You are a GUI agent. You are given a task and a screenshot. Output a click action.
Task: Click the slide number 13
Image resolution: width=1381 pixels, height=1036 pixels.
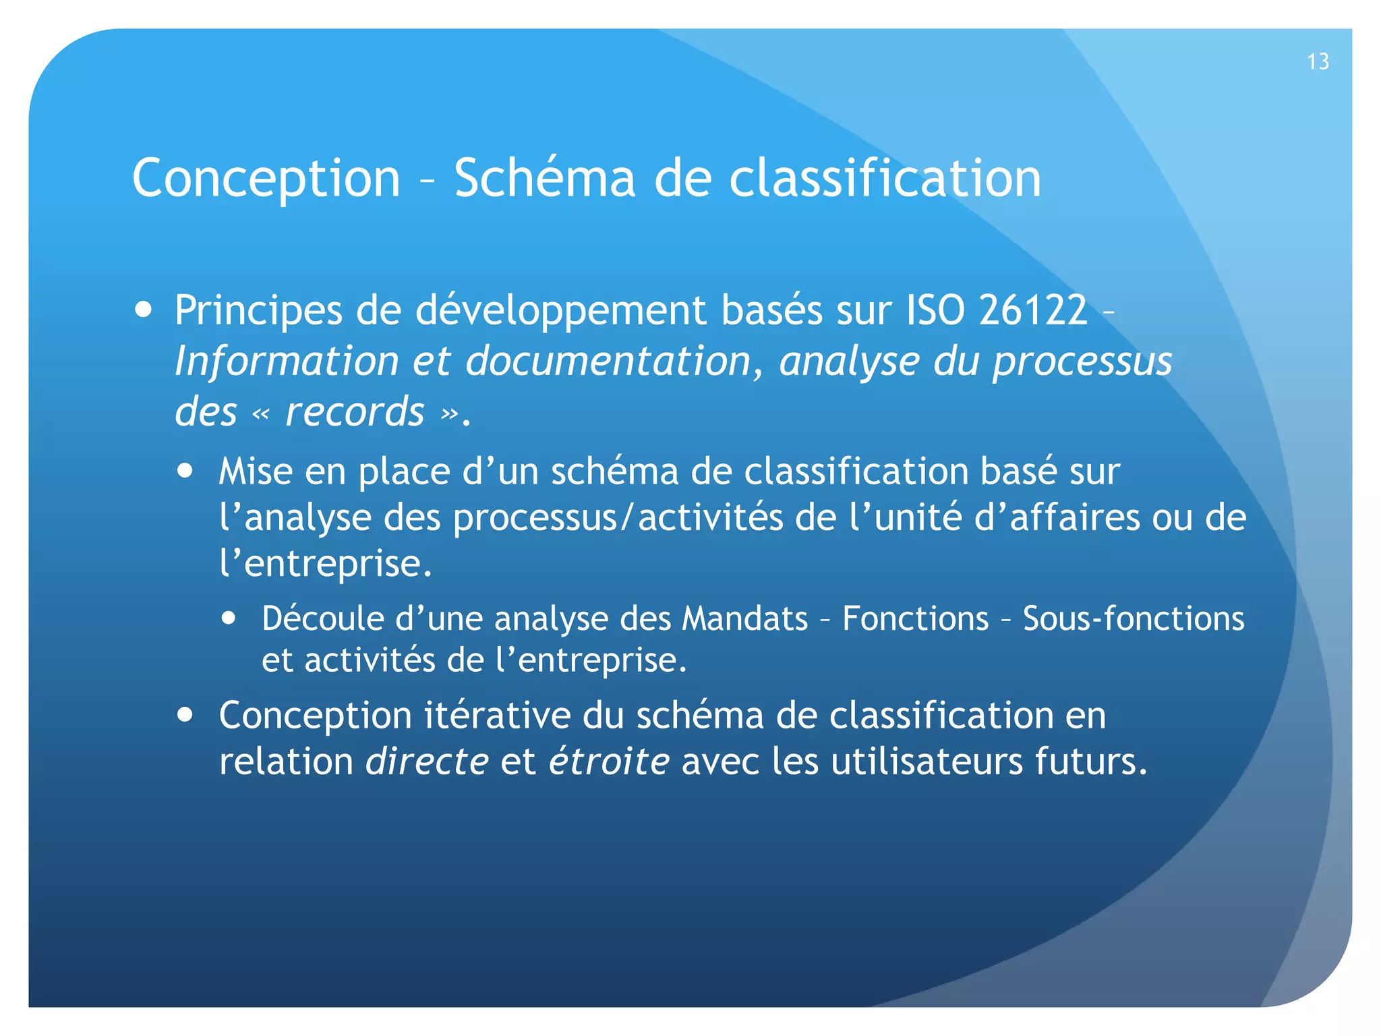pos(1318,61)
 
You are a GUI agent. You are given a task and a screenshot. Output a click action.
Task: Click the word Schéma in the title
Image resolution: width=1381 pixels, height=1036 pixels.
pos(544,178)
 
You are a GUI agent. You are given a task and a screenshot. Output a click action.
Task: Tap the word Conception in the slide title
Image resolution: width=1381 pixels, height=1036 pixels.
pos(266,178)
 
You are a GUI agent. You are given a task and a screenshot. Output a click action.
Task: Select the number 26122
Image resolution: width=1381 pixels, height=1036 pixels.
pos(1033,310)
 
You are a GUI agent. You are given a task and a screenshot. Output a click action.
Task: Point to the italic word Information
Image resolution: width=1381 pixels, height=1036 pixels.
pos(287,361)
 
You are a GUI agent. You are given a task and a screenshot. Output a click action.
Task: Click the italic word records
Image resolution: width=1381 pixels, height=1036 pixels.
pos(355,411)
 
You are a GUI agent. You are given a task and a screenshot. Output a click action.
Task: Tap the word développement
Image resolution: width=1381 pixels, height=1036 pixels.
pos(560,312)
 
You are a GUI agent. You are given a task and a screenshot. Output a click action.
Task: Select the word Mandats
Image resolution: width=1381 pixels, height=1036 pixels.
pos(744,618)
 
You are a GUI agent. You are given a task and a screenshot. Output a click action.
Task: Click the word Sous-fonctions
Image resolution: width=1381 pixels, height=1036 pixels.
pos(1133,618)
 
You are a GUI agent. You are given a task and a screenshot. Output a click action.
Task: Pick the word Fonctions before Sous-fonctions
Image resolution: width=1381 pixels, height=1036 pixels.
pos(915,618)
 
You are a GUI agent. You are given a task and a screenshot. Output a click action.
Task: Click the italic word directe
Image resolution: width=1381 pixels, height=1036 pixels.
pos(427,761)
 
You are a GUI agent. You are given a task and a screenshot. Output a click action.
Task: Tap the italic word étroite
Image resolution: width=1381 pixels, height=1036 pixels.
pos(609,761)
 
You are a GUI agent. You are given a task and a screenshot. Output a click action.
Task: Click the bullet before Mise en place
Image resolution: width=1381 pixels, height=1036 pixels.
pos(185,470)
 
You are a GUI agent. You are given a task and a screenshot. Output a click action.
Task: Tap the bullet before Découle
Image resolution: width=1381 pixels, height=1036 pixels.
pos(229,618)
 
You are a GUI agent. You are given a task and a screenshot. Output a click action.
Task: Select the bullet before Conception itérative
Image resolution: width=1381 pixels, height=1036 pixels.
pos(185,714)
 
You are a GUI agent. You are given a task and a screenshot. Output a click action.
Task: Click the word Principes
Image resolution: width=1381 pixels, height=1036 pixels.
pos(258,312)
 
